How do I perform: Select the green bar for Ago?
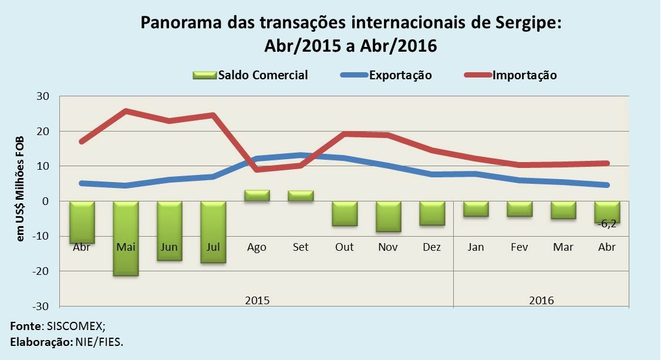point(257,196)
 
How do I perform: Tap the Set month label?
point(301,247)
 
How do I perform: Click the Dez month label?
point(431,247)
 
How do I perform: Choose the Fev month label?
point(520,247)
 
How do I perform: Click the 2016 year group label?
point(541,300)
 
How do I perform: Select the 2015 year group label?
point(257,300)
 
